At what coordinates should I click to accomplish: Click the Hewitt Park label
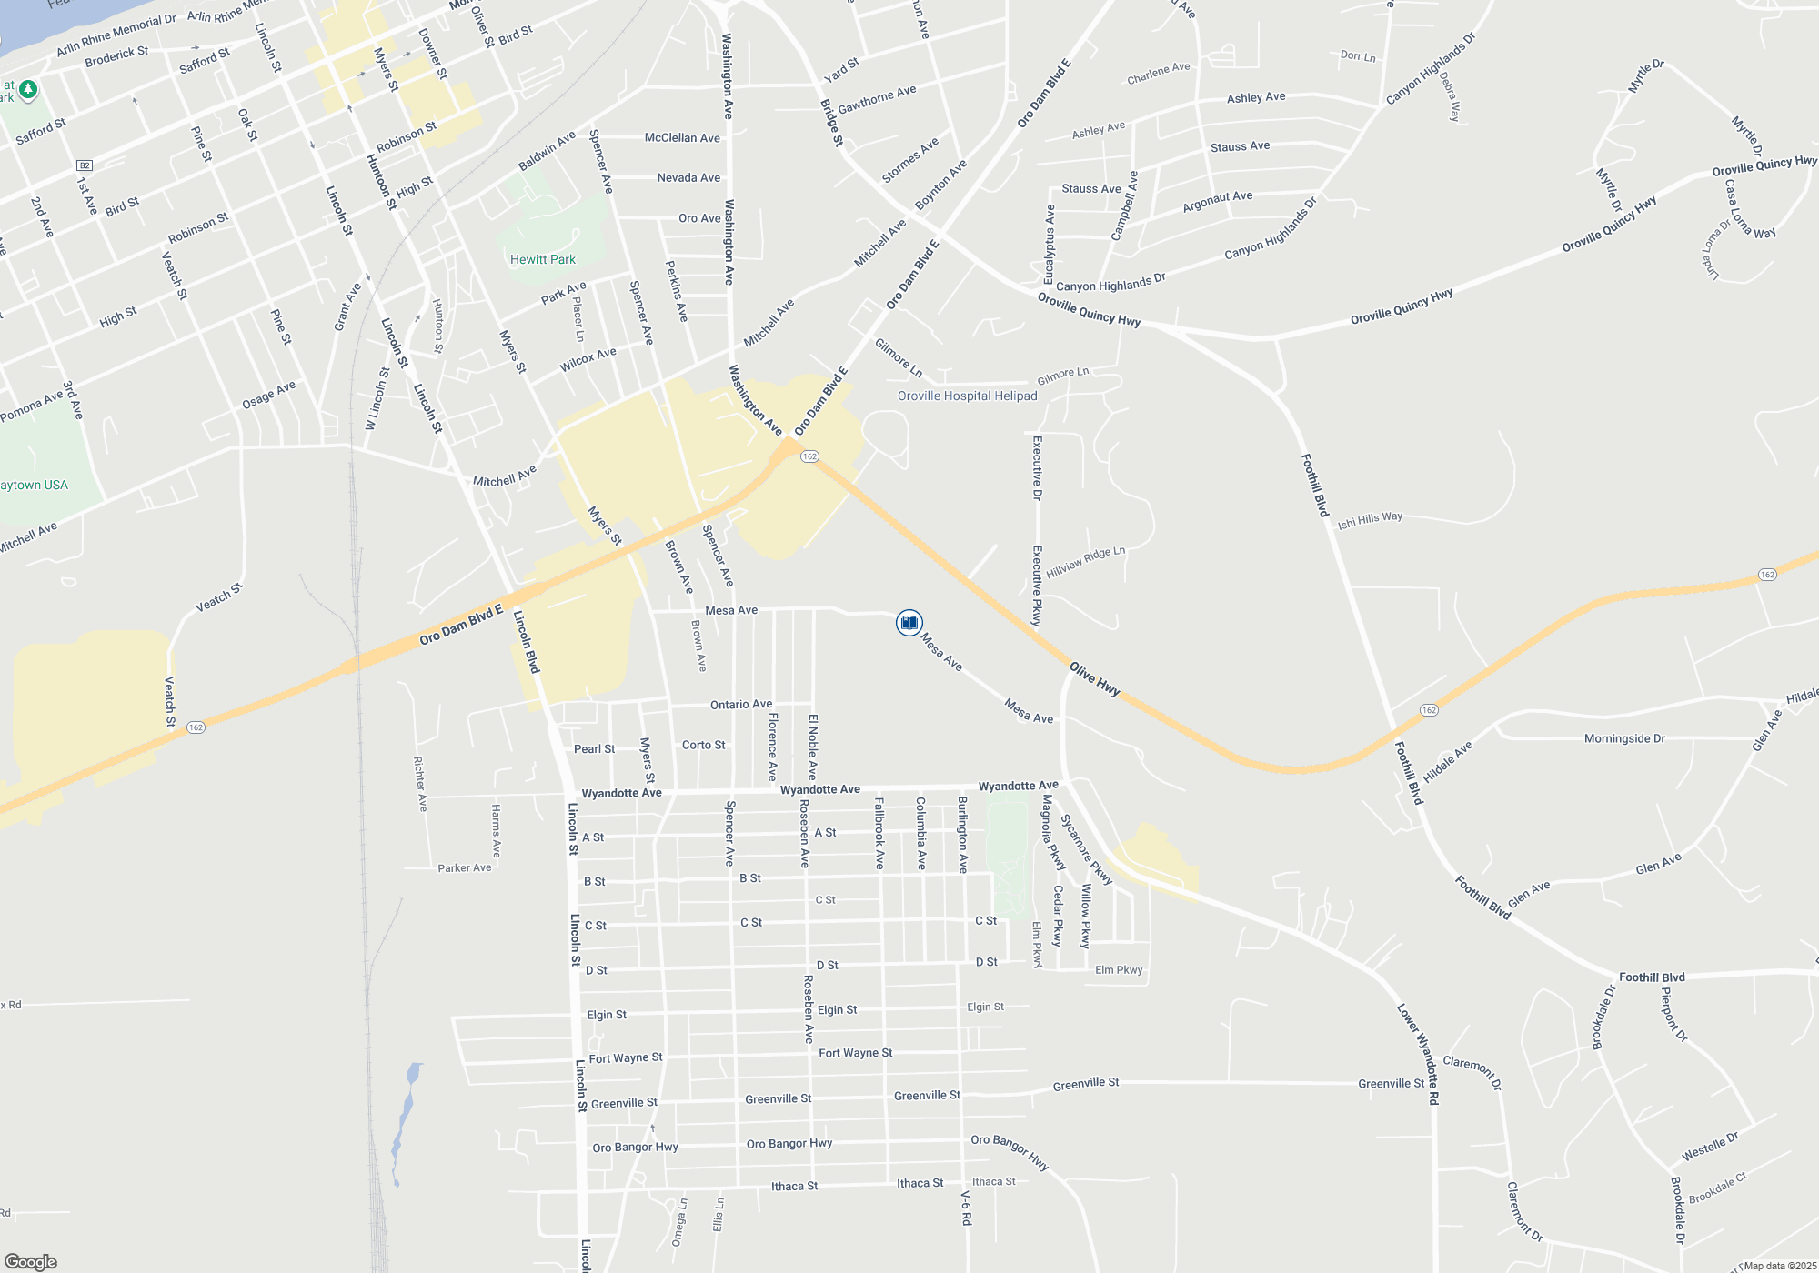click(x=543, y=259)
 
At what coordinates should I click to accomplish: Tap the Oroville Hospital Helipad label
click(x=967, y=396)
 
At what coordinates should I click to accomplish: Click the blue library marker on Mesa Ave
click(x=909, y=622)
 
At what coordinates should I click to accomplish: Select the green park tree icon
click(x=28, y=89)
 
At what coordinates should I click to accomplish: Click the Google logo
click(x=31, y=1261)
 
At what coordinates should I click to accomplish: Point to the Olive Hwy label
click(x=1094, y=679)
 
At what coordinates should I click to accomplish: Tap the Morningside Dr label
click(x=1624, y=738)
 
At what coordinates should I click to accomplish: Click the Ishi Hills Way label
click(x=1370, y=519)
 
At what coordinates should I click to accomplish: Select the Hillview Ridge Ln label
click(x=1086, y=563)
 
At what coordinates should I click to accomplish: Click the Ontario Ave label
click(x=741, y=704)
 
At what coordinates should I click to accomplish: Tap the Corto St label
click(x=704, y=745)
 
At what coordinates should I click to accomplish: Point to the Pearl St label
click(x=594, y=749)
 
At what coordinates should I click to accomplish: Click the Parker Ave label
click(x=465, y=867)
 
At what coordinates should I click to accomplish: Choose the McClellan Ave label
click(x=682, y=137)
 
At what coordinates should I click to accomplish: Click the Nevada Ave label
click(x=688, y=177)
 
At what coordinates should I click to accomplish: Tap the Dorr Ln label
click(x=1358, y=56)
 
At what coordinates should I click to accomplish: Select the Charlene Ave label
click(x=1159, y=73)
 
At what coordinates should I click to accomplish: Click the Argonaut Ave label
click(x=1218, y=201)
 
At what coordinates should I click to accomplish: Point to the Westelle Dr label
click(x=1710, y=1146)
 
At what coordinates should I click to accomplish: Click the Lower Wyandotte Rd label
click(x=1419, y=1054)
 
